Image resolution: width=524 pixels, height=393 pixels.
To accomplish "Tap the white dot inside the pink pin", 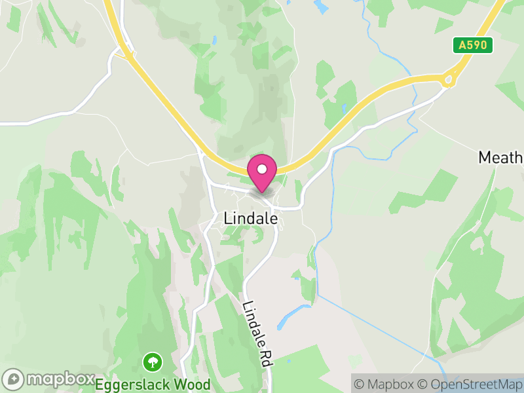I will point(262,169).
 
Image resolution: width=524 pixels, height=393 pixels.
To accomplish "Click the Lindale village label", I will point(251,219).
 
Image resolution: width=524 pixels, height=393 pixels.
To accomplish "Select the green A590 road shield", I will point(472,45).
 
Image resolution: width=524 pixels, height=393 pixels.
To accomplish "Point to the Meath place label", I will point(500,158).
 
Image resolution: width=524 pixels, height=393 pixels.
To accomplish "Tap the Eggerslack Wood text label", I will point(153,384).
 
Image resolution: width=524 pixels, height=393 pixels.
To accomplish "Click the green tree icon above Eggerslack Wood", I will point(153,361).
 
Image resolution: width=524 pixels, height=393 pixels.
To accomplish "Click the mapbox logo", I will point(48,379).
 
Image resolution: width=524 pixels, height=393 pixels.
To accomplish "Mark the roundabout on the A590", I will point(449,81).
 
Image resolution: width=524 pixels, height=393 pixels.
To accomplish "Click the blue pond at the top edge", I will point(320,7).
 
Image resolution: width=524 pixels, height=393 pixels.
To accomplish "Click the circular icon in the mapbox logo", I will point(13,379).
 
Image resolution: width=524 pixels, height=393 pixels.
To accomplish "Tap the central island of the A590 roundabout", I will point(449,81).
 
